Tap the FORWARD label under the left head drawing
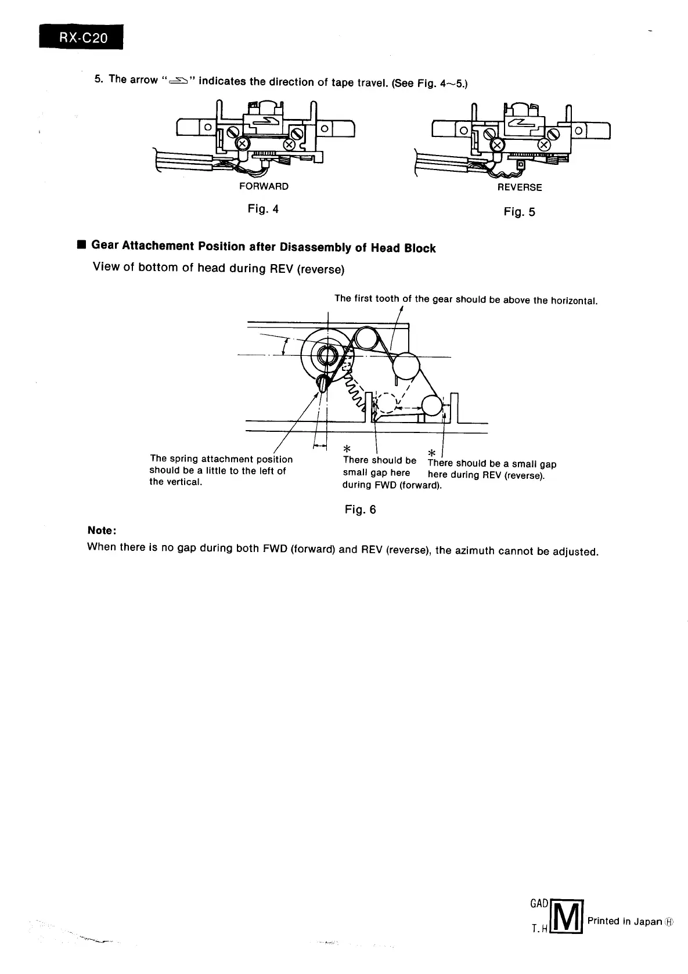264,186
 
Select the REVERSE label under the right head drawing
519,187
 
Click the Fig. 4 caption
263,209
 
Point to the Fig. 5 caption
519,212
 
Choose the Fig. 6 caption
360,510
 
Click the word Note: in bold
102,530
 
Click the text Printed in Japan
624,921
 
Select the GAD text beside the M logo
539,904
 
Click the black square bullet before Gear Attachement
81,245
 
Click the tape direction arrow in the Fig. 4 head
270,120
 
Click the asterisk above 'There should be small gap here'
346,449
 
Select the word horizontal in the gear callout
573,301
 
